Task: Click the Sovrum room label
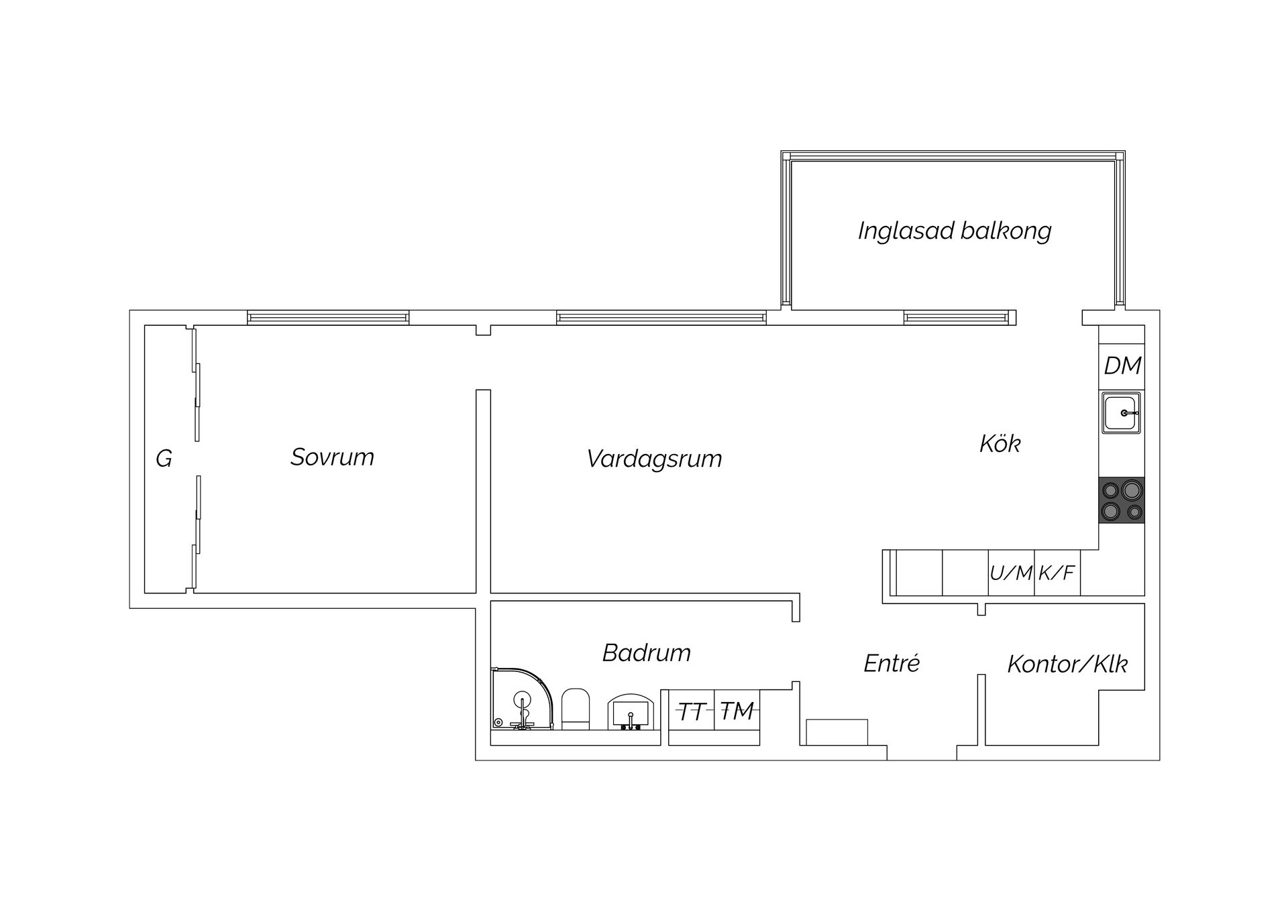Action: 332,457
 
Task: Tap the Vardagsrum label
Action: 654,459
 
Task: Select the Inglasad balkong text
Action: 955,231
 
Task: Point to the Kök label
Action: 1000,443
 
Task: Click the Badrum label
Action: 647,652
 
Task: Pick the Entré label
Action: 892,663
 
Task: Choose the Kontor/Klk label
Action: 1067,664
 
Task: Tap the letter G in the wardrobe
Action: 164,459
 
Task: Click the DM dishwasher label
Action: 1122,365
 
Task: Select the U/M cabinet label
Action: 1011,573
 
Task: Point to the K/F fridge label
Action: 1057,573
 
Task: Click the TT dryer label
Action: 691,712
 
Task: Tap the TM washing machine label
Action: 737,711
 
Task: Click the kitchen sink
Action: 1121,413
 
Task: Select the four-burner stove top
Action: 1122,500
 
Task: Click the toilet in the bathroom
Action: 575,709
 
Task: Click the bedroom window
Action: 328,318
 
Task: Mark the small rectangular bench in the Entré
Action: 837,732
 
